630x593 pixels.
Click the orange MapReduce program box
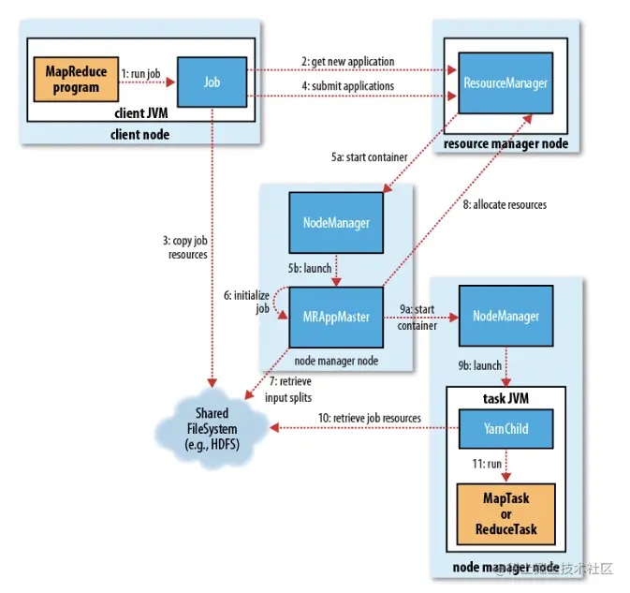coord(77,81)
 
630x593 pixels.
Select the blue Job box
coord(212,82)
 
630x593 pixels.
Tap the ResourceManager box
coord(505,83)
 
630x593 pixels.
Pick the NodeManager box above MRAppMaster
coord(336,224)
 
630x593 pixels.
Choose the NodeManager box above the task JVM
coord(505,316)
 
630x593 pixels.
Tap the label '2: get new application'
coord(347,62)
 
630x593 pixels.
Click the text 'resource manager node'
coord(505,143)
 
